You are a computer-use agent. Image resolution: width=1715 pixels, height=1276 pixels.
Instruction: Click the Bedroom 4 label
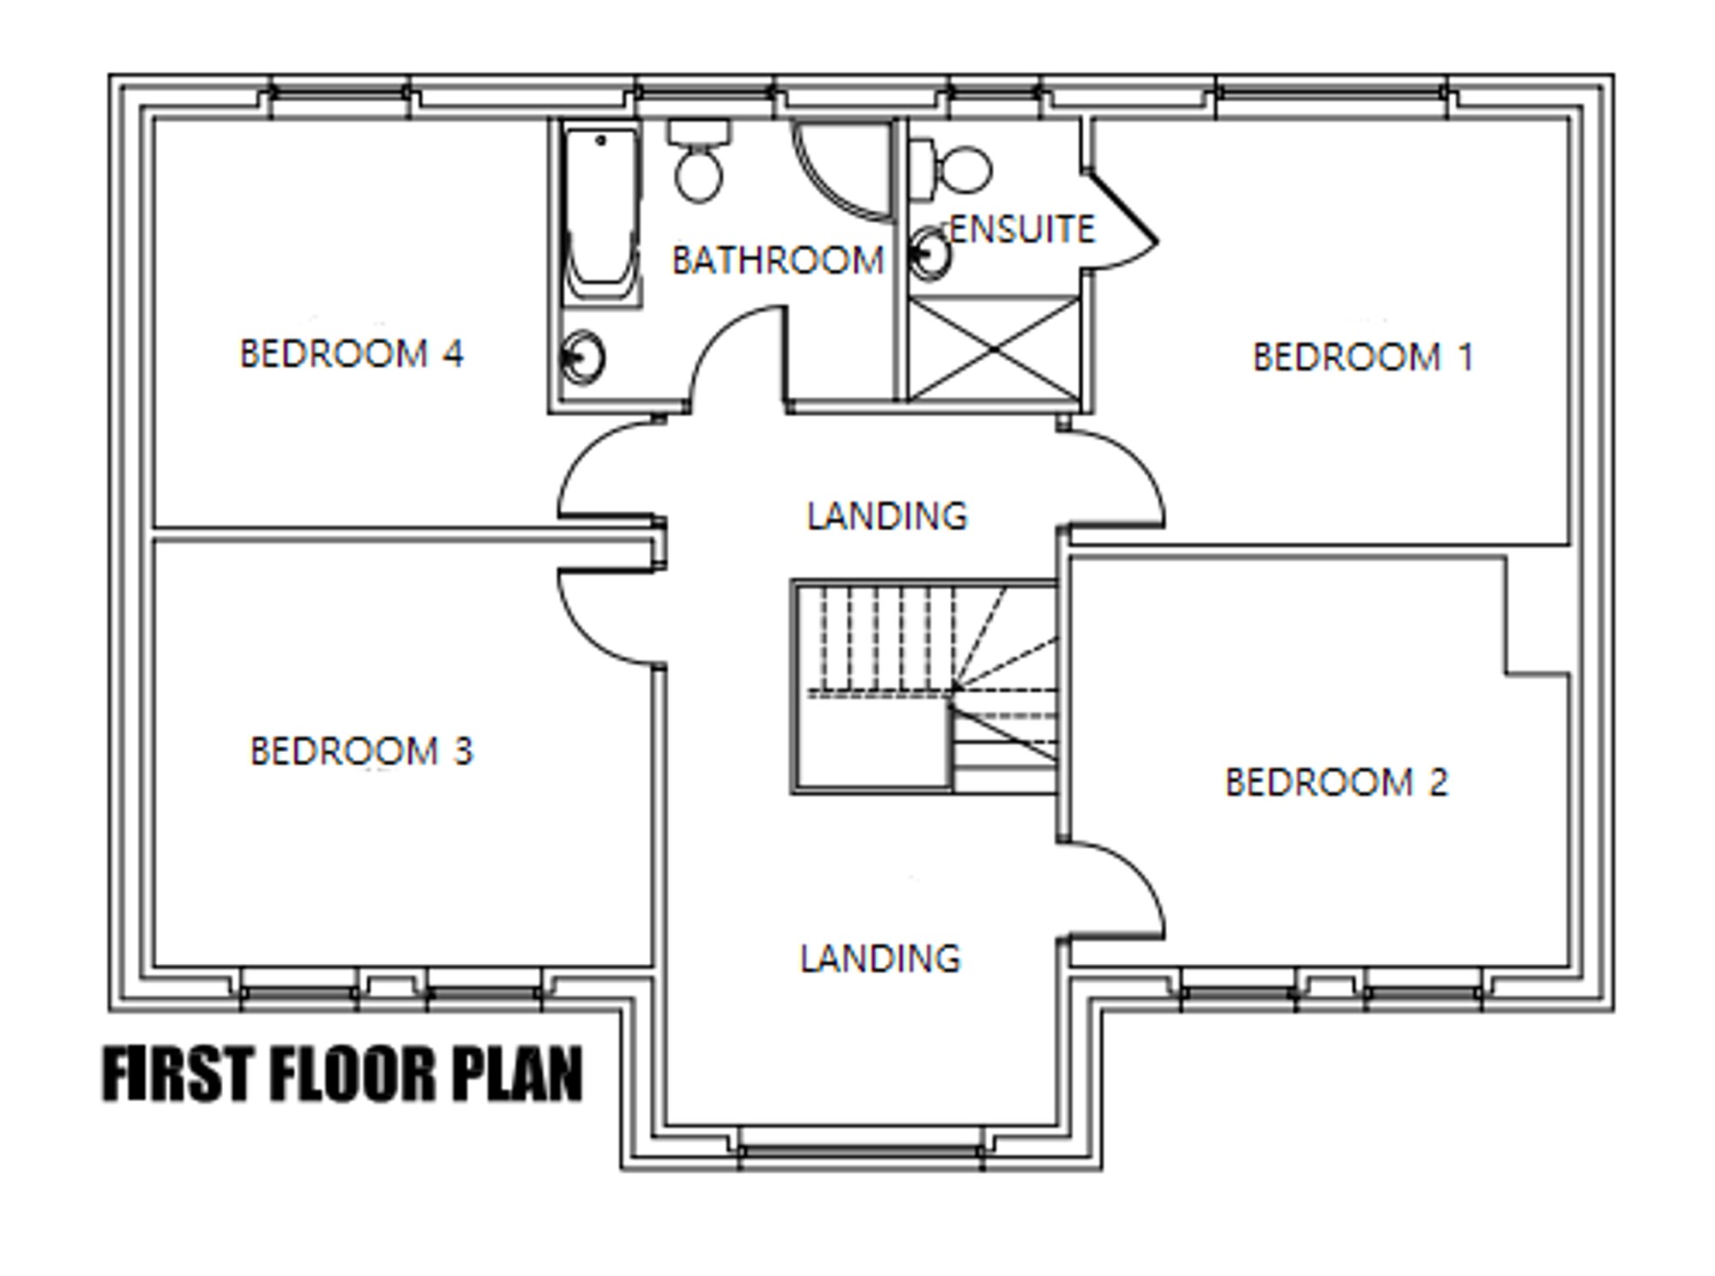coord(352,353)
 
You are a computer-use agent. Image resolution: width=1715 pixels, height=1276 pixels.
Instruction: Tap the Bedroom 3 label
coord(361,751)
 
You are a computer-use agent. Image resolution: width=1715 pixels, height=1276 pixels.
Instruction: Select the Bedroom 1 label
coord(1363,357)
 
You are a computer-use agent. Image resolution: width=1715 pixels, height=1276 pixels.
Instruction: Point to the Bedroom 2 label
coord(1337,782)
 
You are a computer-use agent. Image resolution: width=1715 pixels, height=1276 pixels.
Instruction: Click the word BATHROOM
coord(778,261)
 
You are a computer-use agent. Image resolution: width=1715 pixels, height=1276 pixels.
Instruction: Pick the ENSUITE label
coord(1022,229)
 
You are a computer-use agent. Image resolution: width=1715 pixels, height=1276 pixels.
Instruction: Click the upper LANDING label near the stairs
coord(888,516)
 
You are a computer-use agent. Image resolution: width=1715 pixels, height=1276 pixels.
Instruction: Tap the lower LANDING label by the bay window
coord(881,959)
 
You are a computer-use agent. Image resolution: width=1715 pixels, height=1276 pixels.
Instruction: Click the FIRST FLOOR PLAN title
coord(343,1074)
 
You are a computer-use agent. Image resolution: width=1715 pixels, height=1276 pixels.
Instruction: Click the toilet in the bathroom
coord(699,161)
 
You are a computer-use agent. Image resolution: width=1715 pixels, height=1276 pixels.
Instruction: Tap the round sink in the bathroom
coord(583,357)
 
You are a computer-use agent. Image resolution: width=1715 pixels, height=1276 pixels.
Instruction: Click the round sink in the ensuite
coord(930,253)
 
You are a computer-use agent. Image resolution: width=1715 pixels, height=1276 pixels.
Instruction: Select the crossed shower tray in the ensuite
coord(993,349)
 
